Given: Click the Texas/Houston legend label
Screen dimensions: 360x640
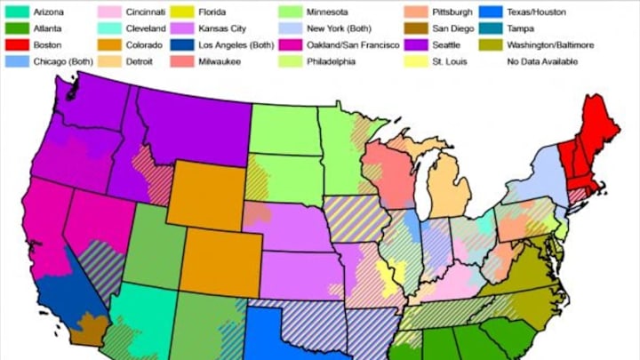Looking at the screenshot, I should [x=535, y=13].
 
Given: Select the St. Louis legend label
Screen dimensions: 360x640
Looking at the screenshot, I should [x=448, y=60].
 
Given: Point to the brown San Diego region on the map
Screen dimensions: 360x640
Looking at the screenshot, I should [x=87, y=329].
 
